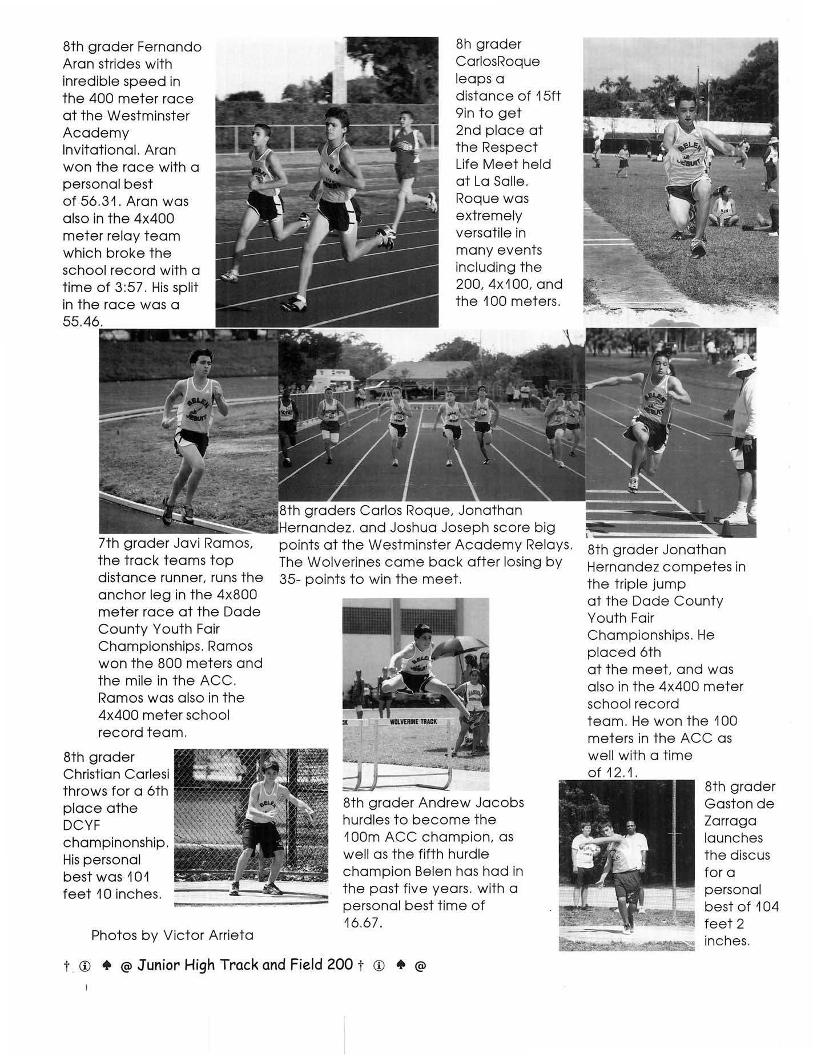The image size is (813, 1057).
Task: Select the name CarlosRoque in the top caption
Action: [497, 62]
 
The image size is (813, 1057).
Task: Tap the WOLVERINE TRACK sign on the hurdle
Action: [413, 722]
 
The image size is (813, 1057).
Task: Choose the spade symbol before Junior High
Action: [106, 966]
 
